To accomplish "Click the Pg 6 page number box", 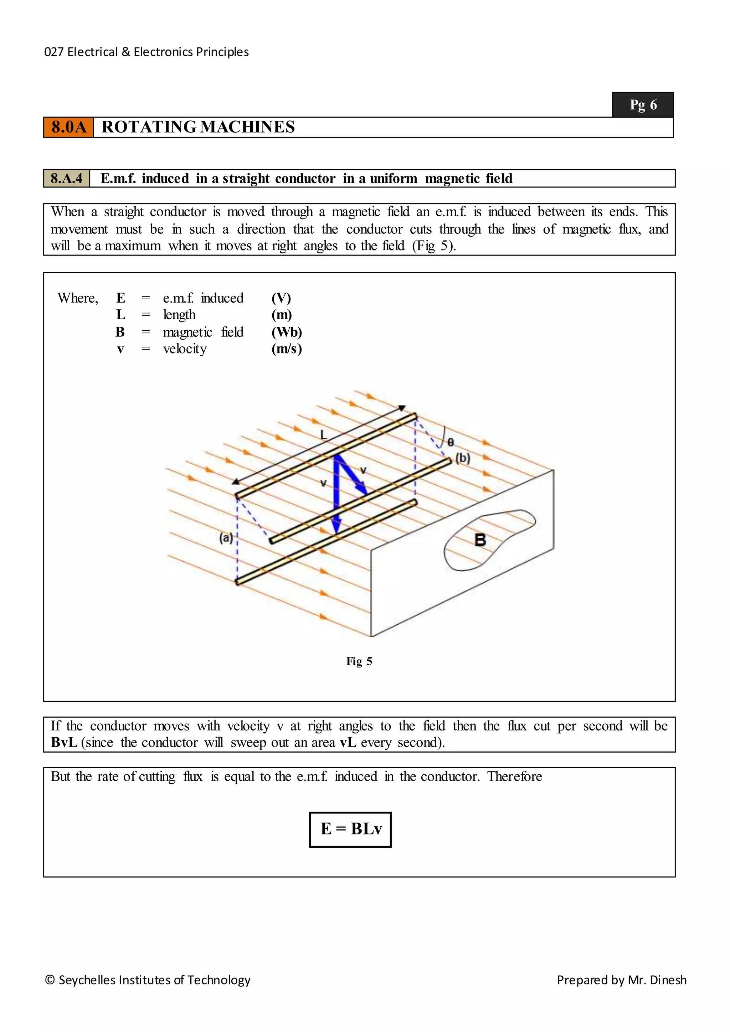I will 643,105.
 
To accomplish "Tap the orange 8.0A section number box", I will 68,127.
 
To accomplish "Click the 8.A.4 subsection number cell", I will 67,179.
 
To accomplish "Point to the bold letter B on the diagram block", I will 480,540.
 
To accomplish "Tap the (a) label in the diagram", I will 226,538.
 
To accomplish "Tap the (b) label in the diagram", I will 463,458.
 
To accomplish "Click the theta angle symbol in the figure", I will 451,442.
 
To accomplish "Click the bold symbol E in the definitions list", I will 120,298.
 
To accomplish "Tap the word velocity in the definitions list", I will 185,349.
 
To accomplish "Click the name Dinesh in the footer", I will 668,980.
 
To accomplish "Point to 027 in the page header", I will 53,52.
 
